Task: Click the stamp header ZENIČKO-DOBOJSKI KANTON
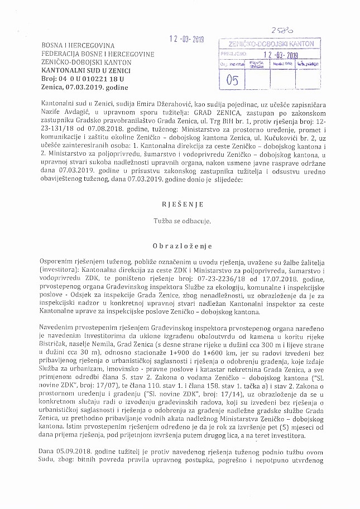[272, 44]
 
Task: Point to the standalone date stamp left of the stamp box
[187, 40]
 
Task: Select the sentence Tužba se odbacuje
[181, 221]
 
